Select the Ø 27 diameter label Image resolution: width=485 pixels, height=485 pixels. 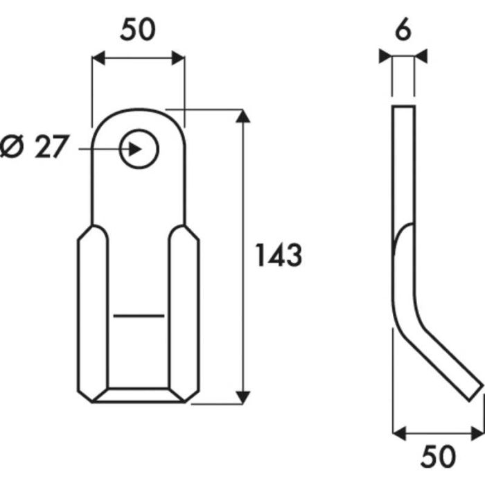[x=35, y=148]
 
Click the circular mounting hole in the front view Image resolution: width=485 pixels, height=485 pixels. [x=139, y=148]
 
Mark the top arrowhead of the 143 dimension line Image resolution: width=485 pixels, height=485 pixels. [x=242, y=116]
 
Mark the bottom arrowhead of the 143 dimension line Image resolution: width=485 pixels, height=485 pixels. [x=242, y=396]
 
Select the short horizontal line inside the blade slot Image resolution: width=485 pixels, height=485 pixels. [x=139, y=315]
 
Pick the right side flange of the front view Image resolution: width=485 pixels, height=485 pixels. [x=185, y=312]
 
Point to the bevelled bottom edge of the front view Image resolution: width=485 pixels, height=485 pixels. [x=139, y=395]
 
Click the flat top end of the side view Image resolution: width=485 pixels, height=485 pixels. [x=403, y=107]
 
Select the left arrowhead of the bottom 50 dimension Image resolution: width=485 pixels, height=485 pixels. [x=398, y=433]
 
